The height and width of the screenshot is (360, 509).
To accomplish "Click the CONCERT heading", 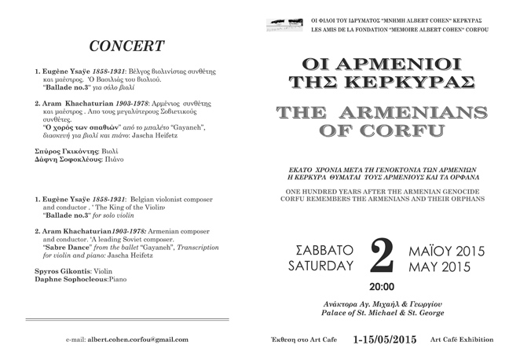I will (x=126, y=46).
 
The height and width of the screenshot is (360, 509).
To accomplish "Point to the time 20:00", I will (x=382, y=287).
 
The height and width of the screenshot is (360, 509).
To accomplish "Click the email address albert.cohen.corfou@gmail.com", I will (x=137, y=339).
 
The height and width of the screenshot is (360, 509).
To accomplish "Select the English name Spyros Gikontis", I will (x=56, y=270).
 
